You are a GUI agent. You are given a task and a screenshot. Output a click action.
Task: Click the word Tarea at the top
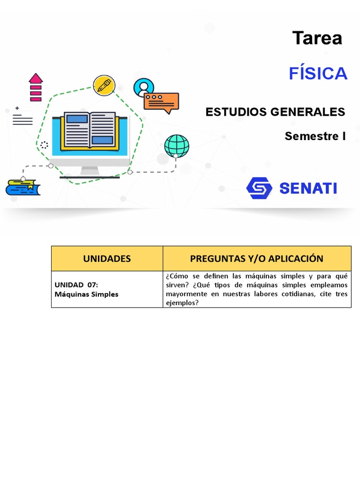tap(317, 38)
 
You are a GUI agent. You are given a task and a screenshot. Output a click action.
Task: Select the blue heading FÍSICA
tap(318, 74)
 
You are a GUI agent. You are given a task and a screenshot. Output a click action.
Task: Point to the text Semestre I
tap(315, 136)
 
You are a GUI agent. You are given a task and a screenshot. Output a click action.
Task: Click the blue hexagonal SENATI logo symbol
tap(259, 188)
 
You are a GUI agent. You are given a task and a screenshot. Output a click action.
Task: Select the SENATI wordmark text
tap(308, 188)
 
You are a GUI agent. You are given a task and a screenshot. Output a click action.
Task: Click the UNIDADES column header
tap(107, 259)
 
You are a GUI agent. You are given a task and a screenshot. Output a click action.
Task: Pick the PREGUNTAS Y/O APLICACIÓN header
tap(256, 259)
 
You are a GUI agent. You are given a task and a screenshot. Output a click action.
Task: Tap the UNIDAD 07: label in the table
tap(76, 285)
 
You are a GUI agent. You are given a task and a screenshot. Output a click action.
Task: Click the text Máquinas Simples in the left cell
tap(87, 294)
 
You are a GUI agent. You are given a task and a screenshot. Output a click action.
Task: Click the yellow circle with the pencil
tap(104, 85)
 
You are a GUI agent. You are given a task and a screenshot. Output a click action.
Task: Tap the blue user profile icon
tap(143, 88)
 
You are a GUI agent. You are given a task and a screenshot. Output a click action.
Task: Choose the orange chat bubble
tap(161, 101)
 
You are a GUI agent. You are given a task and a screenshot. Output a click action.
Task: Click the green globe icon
tap(177, 146)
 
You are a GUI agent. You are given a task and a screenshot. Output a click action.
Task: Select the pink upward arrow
tap(36, 87)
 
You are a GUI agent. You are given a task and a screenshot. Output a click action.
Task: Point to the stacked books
tap(22, 187)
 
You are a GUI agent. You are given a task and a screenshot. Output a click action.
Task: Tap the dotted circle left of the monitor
tap(44, 145)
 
